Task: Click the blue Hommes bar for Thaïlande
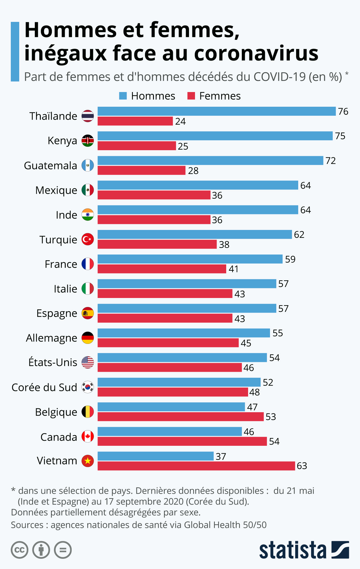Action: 216,111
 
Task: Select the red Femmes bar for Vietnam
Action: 196,466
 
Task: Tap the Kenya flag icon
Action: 88,141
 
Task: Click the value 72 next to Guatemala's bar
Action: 331,161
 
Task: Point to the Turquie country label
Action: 58,240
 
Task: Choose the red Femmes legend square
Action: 191,96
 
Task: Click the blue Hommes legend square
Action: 123,96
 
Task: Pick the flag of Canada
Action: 88,436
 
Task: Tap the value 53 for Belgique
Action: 271,417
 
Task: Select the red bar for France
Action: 162,269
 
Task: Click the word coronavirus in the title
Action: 256,53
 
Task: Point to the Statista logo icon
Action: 340,550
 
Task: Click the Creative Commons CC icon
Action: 19,550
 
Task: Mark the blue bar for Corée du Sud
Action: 179,382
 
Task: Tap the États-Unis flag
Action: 88,362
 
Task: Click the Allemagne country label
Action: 51,338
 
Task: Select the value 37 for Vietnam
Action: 221,456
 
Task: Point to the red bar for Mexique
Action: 154,195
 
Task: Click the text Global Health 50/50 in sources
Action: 225,525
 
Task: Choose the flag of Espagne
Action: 88,313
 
